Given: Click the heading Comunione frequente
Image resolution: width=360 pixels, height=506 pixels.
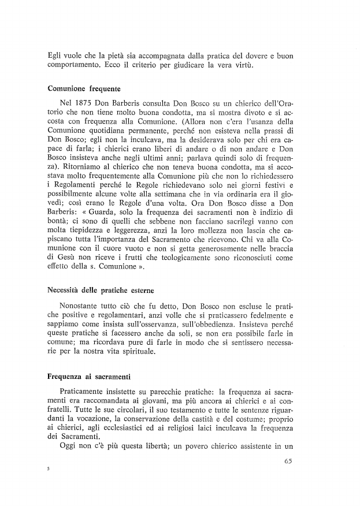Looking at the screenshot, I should click(83, 90).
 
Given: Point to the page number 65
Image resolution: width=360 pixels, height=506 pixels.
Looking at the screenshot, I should click(290, 461).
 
